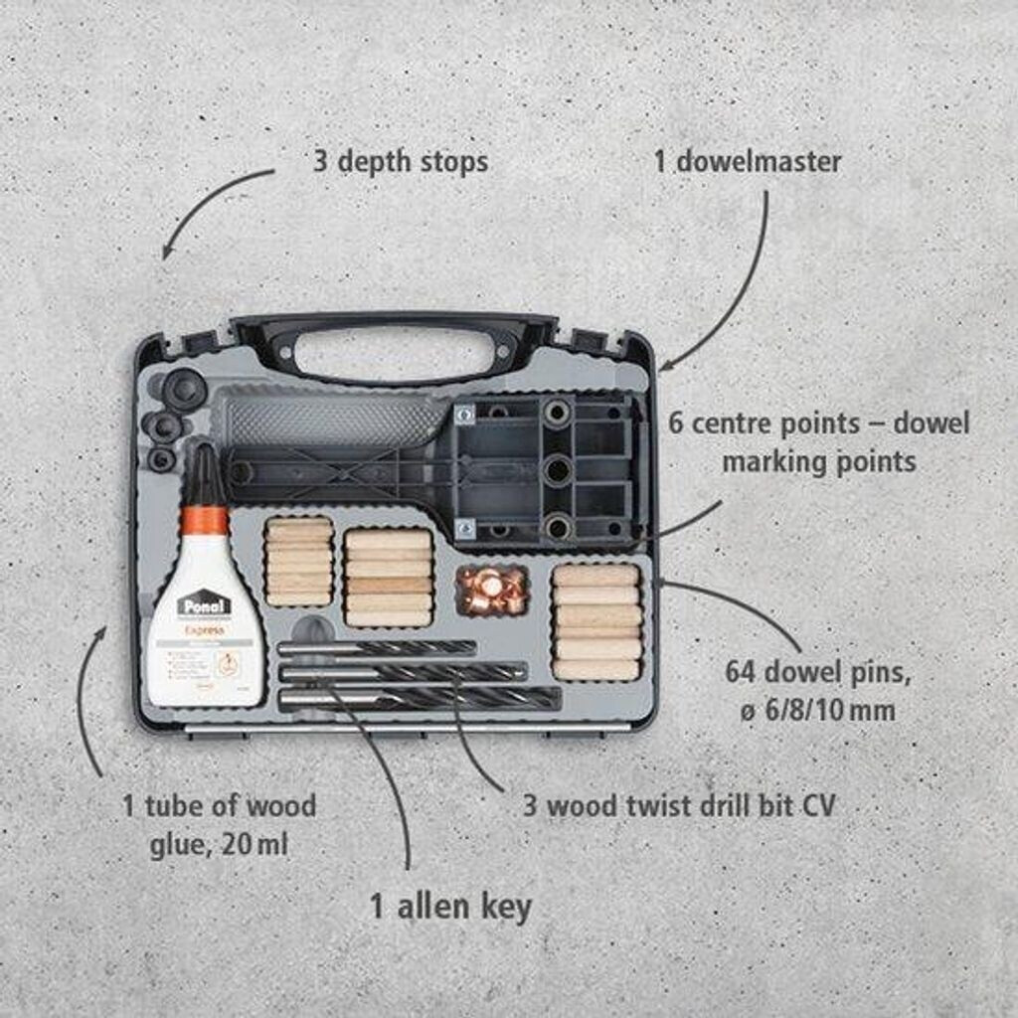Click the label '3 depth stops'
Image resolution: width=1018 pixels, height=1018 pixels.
pyautogui.click(x=400, y=162)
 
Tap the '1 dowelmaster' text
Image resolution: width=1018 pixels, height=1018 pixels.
pyautogui.click(x=747, y=162)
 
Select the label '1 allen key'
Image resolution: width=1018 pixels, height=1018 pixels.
pyautogui.click(x=450, y=907)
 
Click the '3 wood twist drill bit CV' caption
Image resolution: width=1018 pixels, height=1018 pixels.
pyautogui.click(x=679, y=804)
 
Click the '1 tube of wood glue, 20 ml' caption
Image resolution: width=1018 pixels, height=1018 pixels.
pyautogui.click(x=220, y=824)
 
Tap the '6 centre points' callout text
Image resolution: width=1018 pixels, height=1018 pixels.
pyautogui.click(x=818, y=442)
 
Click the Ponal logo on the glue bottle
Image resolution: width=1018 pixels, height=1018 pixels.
pyautogui.click(x=203, y=603)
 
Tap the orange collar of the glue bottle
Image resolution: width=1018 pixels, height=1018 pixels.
pyautogui.click(x=207, y=520)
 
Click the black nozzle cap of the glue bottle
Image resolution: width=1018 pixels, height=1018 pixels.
pyautogui.click(x=207, y=476)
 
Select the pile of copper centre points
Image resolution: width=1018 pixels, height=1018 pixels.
pyautogui.click(x=491, y=589)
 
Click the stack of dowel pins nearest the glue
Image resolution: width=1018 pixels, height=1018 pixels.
pyautogui.click(x=298, y=562)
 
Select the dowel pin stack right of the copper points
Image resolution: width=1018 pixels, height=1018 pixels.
pyautogui.click(x=595, y=622)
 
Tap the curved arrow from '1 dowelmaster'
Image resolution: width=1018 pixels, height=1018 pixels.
pyautogui.click(x=736, y=288)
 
